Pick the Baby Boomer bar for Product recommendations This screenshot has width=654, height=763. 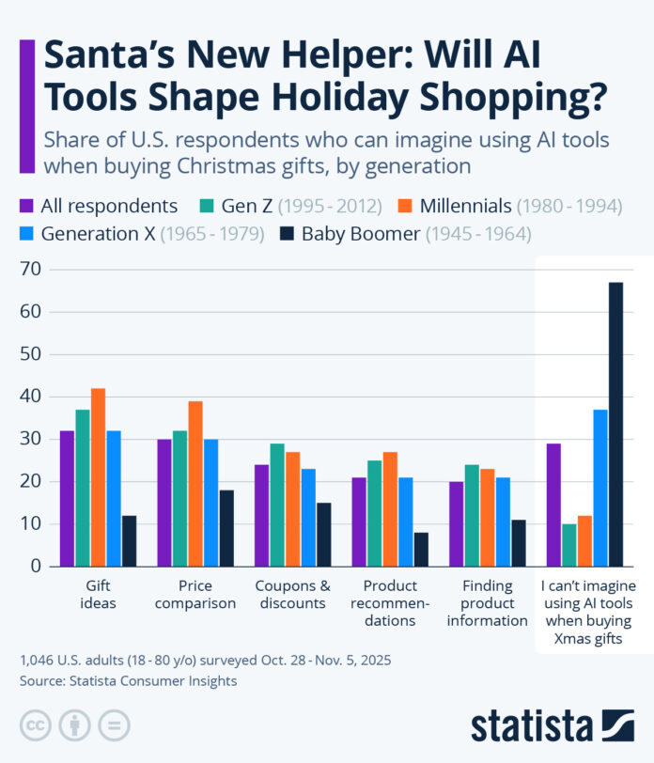420,549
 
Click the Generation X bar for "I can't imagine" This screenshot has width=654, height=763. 599,488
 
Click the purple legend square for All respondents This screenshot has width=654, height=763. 27,206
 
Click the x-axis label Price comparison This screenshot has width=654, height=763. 195,595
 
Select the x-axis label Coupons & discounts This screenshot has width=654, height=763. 292,595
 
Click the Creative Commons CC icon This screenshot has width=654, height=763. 35,724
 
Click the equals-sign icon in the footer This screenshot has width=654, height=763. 114,724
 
